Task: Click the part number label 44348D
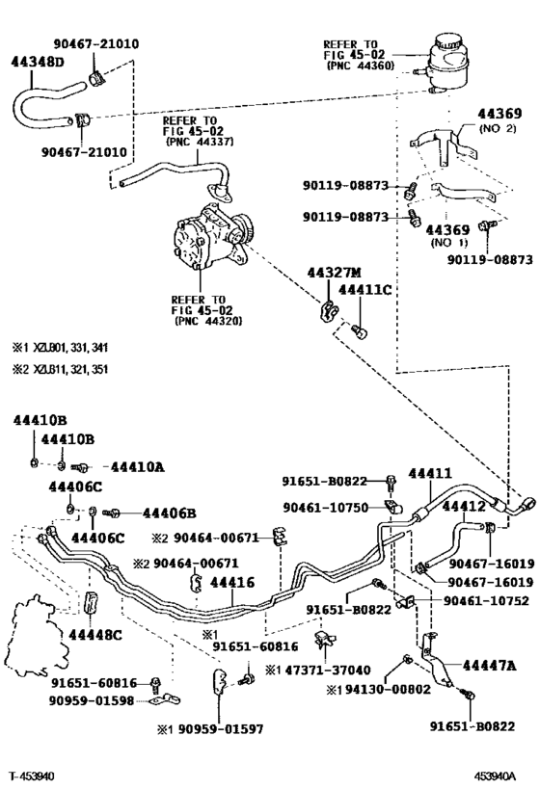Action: point(38,62)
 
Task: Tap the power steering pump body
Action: point(210,238)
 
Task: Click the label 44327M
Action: point(334,273)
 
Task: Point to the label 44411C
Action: point(364,290)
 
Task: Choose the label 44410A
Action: point(138,467)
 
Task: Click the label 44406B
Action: point(170,513)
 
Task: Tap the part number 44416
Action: point(232,583)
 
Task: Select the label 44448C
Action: point(95,635)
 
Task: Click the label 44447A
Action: point(489,666)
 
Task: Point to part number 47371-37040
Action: point(328,671)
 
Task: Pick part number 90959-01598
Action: point(92,700)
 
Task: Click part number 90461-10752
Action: point(486,601)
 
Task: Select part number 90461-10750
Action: point(326,508)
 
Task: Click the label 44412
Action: point(464,506)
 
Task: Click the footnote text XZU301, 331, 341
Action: point(70,348)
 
